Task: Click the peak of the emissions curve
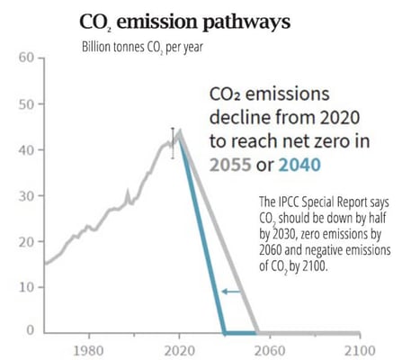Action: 179,131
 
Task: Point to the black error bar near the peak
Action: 172,143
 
